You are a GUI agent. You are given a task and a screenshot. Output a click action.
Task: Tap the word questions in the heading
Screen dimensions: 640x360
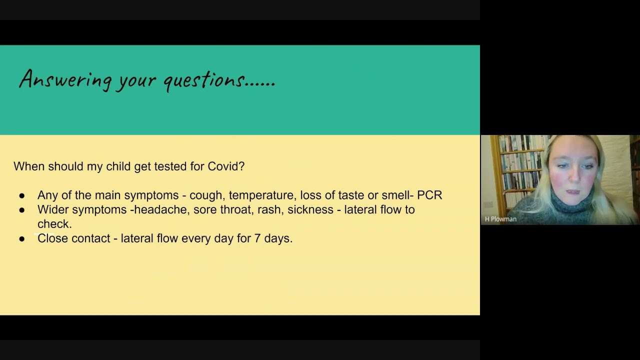pos(203,80)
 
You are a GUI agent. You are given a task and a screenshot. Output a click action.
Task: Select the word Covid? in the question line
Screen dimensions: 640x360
pos(226,166)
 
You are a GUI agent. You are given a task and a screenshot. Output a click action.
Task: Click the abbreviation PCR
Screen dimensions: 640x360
pos(429,195)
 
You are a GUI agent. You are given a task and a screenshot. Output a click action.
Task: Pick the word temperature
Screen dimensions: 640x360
pos(261,195)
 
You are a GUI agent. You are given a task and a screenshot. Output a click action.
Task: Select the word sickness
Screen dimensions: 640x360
pos(310,209)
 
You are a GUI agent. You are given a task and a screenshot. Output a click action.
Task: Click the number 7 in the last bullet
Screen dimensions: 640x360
pos(257,238)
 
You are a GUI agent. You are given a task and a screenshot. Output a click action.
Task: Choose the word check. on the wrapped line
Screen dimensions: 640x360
pos(54,224)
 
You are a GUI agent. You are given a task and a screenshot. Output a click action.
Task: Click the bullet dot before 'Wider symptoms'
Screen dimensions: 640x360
pos(22,210)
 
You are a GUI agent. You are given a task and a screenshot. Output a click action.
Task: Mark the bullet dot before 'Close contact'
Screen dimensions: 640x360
pos(22,239)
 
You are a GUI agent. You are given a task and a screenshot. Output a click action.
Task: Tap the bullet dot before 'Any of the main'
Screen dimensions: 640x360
pos(22,196)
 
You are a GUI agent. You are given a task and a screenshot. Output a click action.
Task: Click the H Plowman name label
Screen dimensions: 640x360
pos(500,219)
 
